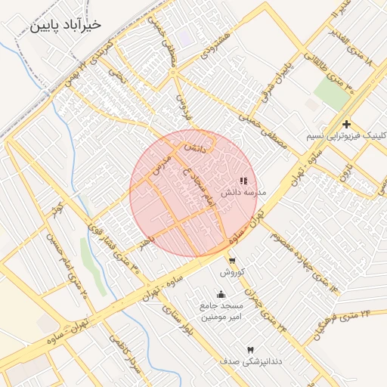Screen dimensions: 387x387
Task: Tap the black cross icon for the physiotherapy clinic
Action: (x=346, y=124)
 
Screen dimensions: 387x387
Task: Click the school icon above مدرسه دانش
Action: (x=243, y=181)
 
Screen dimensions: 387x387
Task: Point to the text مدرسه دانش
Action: (x=244, y=193)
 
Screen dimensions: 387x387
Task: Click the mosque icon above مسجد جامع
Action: (x=221, y=295)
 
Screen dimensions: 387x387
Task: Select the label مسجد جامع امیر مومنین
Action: (x=220, y=311)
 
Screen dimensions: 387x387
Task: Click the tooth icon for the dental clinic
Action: (x=250, y=350)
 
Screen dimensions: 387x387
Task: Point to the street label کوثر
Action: (x=54, y=210)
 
